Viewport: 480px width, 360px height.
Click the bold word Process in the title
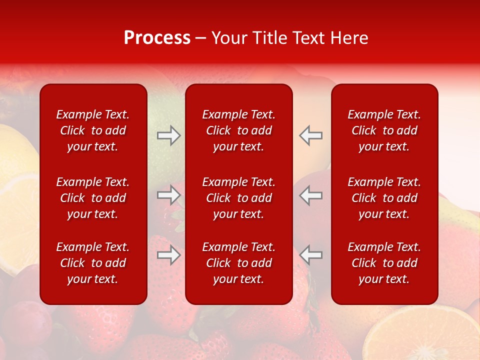(157, 38)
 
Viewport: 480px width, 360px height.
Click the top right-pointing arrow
(169, 135)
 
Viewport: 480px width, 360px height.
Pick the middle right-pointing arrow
(169, 195)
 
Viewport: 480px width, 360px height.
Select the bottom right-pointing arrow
(169, 255)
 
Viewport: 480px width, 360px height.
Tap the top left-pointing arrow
(311, 135)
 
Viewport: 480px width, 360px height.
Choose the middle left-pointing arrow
(311, 195)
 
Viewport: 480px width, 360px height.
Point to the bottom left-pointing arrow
(311, 255)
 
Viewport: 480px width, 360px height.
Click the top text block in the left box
(93, 130)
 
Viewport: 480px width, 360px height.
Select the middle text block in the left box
(93, 198)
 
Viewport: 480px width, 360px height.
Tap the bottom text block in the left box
(93, 263)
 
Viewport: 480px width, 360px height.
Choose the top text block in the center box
(239, 130)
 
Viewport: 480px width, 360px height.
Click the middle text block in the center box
(239, 198)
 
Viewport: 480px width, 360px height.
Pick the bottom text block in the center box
(239, 263)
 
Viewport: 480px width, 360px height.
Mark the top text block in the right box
(384, 130)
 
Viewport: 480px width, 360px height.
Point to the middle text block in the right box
(384, 198)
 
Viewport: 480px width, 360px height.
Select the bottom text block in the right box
(384, 263)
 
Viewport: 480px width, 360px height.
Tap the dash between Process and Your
(201, 38)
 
